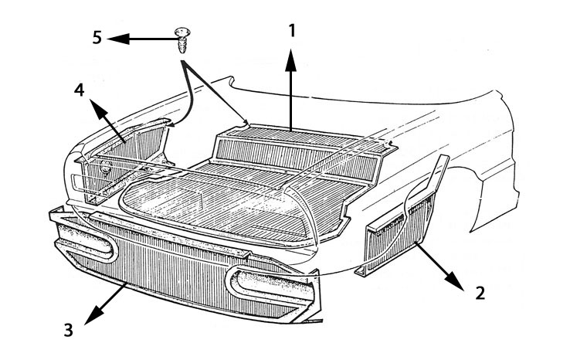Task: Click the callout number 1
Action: coord(292,31)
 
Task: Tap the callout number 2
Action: coord(480,293)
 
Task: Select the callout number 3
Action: coord(68,330)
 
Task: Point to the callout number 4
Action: coord(79,90)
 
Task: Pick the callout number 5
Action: coord(97,37)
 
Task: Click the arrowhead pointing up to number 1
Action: coord(291,60)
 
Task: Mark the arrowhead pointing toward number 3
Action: coord(94,314)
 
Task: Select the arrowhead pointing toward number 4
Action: coord(98,109)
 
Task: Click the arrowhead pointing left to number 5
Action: coord(118,39)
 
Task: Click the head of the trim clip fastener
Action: coord(182,32)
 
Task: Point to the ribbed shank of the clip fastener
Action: coord(182,46)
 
